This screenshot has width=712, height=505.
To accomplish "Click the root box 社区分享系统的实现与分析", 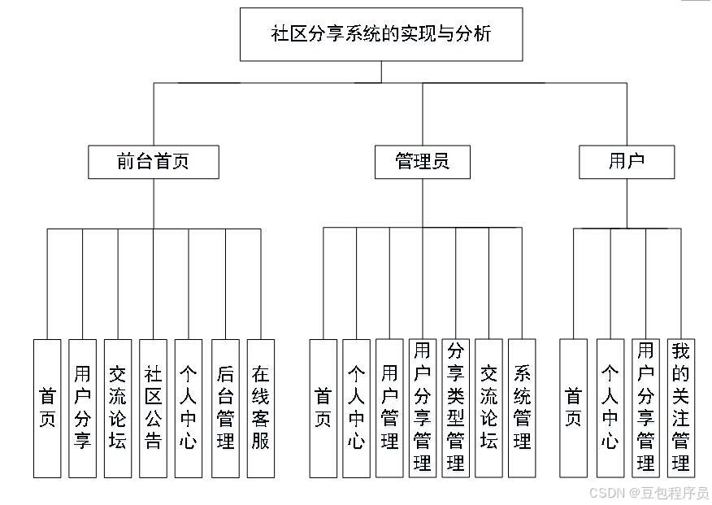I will click(x=381, y=34).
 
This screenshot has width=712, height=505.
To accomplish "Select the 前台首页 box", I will click(x=153, y=161).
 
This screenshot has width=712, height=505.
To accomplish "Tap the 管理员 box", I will click(x=423, y=161).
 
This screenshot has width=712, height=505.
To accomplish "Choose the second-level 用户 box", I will click(x=627, y=161).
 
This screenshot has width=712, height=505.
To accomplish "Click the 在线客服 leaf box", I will click(x=261, y=408).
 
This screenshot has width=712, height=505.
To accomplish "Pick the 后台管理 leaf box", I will click(x=225, y=408).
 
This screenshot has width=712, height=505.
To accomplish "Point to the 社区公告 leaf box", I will click(x=153, y=408).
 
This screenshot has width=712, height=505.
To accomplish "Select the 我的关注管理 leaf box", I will click(x=680, y=408).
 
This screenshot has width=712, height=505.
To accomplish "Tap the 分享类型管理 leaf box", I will click(x=455, y=408).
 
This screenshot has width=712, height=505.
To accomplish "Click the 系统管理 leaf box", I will click(x=522, y=408).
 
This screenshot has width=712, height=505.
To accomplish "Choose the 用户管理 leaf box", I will click(x=389, y=408).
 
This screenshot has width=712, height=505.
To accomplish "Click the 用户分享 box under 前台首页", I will click(x=82, y=408).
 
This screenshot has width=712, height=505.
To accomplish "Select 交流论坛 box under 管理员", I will click(x=488, y=408).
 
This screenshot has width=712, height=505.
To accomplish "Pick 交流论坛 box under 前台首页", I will click(x=118, y=408).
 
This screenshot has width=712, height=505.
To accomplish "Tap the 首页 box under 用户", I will click(x=574, y=408).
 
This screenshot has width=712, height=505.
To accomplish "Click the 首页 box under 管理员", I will click(x=323, y=408).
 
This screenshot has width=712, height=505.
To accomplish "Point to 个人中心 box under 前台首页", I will click(x=189, y=408).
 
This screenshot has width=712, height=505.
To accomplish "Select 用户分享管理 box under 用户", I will click(x=646, y=408).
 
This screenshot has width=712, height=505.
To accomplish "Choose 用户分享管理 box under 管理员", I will click(x=422, y=408).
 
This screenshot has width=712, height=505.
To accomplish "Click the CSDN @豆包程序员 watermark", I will click(x=649, y=494).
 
